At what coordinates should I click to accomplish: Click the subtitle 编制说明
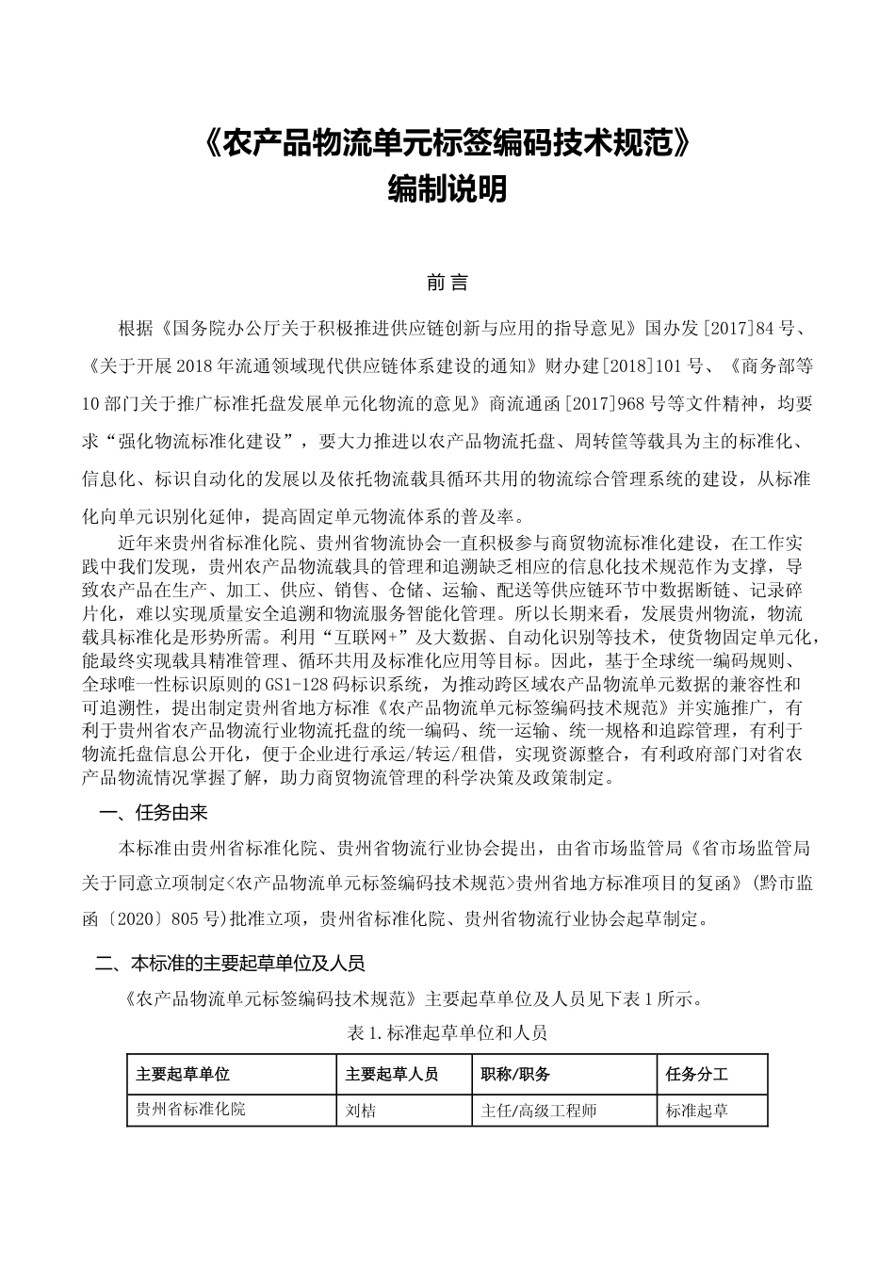tap(447, 189)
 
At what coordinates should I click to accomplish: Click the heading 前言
tap(447, 283)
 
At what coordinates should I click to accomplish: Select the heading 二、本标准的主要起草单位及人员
tap(230, 963)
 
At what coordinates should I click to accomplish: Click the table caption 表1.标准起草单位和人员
tap(447, 1032)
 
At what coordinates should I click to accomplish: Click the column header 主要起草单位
tap(183, 1074)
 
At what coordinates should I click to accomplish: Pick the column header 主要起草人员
tap(392, 1074)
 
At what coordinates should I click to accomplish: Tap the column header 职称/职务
tap(515, 1074)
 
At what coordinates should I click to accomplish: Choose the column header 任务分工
tap(696, 1074)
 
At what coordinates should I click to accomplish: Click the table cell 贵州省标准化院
tap(191, 1109)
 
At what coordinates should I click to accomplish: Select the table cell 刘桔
tap(361, 1111)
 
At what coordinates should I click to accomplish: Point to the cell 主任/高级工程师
tap(539, 1111)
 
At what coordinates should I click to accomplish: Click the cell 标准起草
tap(696, 1111)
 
